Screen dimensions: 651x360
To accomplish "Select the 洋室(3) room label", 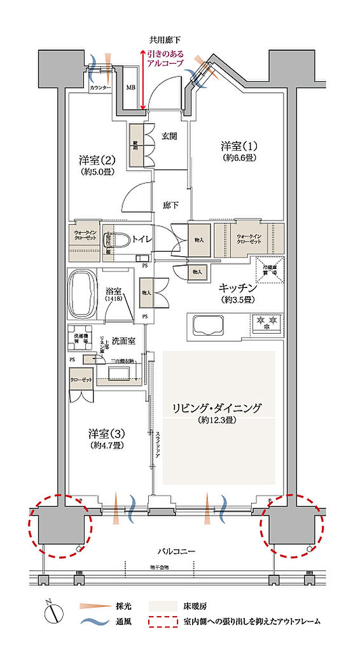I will [106, 434].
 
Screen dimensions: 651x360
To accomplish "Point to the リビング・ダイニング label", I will [218, 408].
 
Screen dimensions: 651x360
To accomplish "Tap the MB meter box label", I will [130, 87].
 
